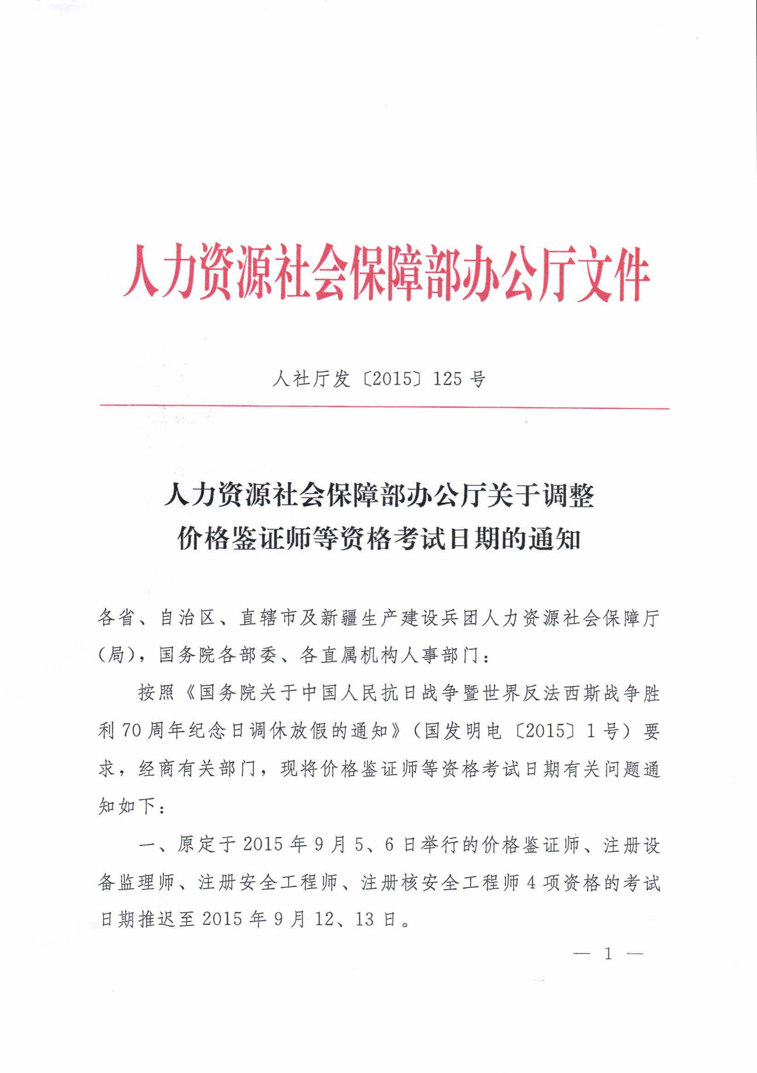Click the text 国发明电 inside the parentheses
(x=463, y=730)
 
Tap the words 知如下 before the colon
(x=127, y=806)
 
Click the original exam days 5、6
(x=374, y=844)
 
